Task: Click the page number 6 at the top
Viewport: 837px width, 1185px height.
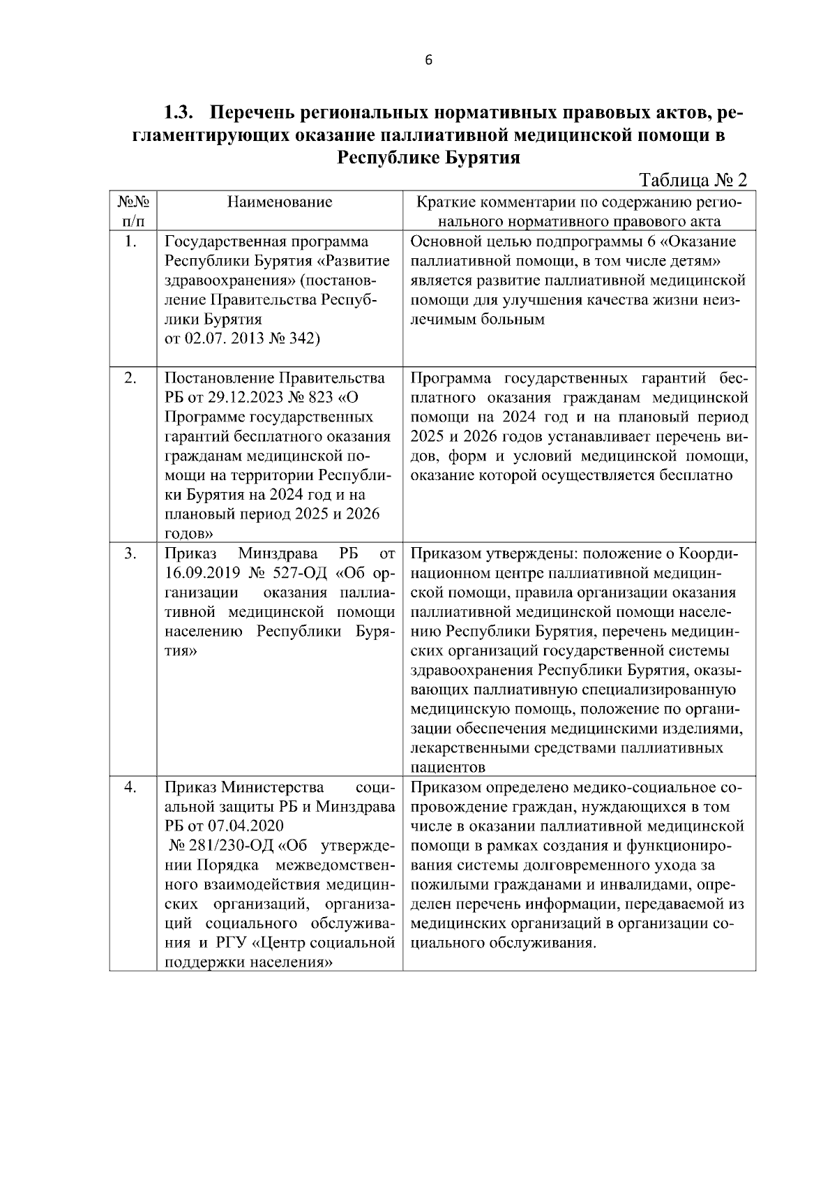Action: click(428, 61)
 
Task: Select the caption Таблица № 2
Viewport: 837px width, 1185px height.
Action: click(693, 180)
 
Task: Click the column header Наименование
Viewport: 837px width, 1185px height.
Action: click(280, 202)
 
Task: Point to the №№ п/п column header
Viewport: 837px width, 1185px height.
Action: click(133, 212)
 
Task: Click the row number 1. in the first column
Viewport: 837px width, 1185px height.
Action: click(130, 242)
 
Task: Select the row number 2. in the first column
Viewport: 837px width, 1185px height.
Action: click(130, 378)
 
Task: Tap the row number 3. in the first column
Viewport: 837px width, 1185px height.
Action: click(130, 553)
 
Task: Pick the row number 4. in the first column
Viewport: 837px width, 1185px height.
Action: click(130, 787)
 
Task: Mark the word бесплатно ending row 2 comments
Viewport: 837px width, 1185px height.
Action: click(698, 476)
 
